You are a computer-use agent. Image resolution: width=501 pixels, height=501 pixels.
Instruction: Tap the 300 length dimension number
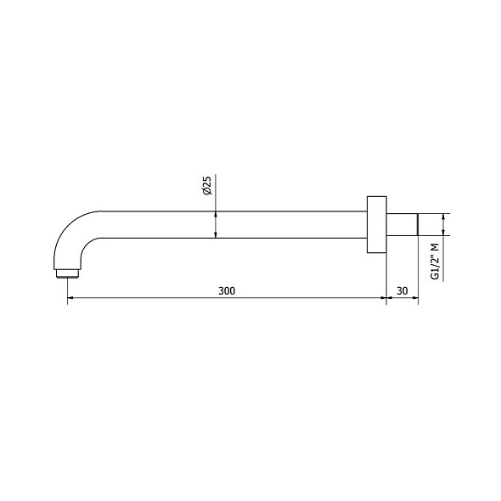226,290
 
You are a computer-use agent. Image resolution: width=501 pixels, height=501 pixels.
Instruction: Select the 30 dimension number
402,290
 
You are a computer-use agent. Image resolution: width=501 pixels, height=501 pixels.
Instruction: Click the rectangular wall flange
376,224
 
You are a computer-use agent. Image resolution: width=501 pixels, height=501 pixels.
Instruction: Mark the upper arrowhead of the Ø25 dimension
216,207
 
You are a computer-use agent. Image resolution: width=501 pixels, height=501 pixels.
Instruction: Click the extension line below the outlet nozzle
67,289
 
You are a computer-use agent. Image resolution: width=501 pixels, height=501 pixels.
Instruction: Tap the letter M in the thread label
435,245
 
